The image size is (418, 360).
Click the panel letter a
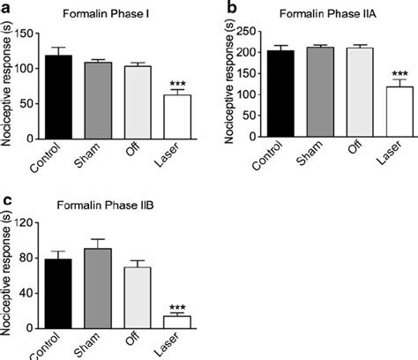(x=8, y=8)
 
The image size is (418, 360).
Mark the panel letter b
(x=231, y=8)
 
